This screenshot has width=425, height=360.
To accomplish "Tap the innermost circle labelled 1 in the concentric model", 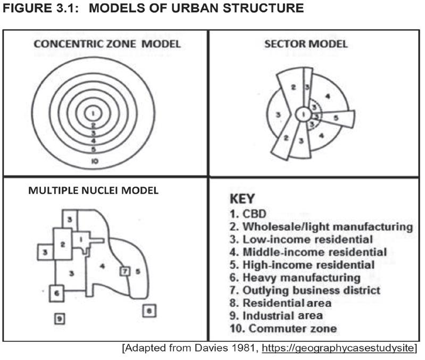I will click(93, 112).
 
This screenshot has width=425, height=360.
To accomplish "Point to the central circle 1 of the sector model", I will click(303, 114).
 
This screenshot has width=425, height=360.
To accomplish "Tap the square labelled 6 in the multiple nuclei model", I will click(57, 292).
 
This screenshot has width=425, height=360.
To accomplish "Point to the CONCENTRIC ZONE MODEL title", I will click(107, 44).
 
